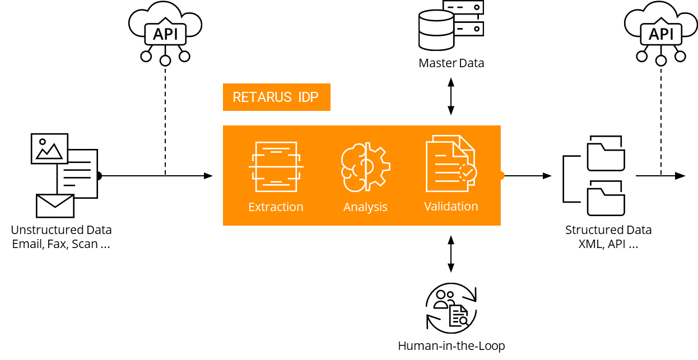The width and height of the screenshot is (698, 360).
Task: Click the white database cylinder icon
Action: point(436,30)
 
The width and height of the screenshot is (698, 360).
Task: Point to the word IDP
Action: point(308,97)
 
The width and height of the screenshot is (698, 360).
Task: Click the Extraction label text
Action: point(276,207)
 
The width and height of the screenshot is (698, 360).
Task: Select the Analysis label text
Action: point(365,207)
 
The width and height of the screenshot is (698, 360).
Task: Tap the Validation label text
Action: point(451,206)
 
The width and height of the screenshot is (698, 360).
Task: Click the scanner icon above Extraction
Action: point(276,167)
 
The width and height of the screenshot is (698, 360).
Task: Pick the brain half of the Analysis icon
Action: point(353,167)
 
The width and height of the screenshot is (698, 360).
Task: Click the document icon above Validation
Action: point(448,163)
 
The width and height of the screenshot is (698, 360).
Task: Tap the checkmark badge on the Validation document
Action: point(468,172)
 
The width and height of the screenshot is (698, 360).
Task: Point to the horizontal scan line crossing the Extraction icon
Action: point(276,167)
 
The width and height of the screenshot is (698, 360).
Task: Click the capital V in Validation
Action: point(428,206)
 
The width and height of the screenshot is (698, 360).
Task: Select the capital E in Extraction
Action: point(252,207)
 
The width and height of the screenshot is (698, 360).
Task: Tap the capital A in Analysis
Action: point(347,207)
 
